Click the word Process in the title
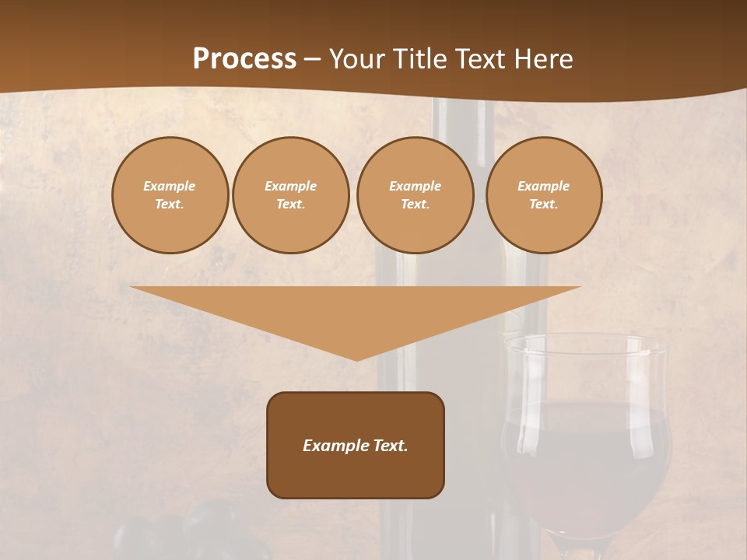(x=244, y=59)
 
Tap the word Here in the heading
(x=543, y=59)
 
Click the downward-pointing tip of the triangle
(x=356, y=357)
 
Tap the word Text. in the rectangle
(x=390, y=446)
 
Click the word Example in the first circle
(x=170, y=186)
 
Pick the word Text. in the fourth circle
(x=544, y=204)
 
